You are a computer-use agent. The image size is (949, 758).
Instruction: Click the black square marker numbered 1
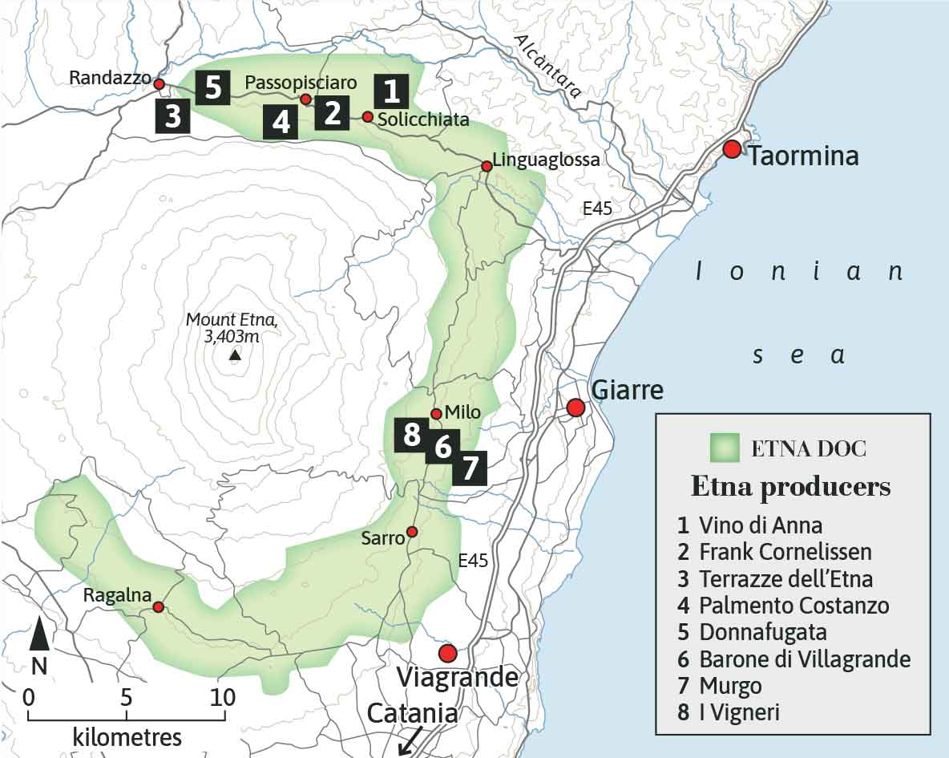pos(391,91)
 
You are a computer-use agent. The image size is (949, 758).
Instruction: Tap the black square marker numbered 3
pos(172,116)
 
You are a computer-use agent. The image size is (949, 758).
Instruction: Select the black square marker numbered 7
pos(470,466)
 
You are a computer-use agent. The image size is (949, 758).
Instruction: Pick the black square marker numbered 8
pos(412,436)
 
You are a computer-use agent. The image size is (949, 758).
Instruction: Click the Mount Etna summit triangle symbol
pos(234,355)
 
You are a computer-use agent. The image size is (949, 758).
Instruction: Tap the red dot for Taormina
pos(731,149)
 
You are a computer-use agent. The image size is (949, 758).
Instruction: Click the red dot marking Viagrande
pos(447,652)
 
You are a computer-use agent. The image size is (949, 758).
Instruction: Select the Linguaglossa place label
pos(546,160)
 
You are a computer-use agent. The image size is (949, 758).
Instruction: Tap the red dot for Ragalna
pos(159,607)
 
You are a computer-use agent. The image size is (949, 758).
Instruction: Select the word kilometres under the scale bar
pos(127,736)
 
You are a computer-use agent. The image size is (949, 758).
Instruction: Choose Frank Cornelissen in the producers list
pos(785,552)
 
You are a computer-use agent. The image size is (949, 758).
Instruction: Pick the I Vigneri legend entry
pos(739,711)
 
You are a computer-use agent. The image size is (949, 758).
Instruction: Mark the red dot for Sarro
pos(411,532)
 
